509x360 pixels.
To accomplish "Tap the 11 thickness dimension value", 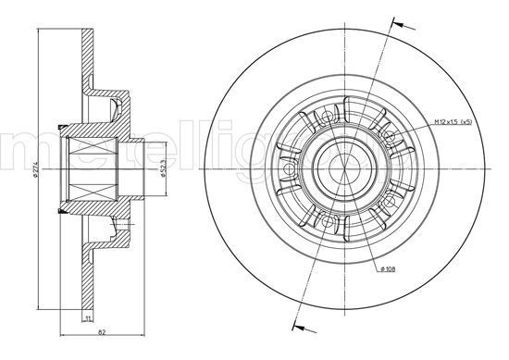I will (88, 319).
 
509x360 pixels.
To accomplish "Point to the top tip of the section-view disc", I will (88, 33).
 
